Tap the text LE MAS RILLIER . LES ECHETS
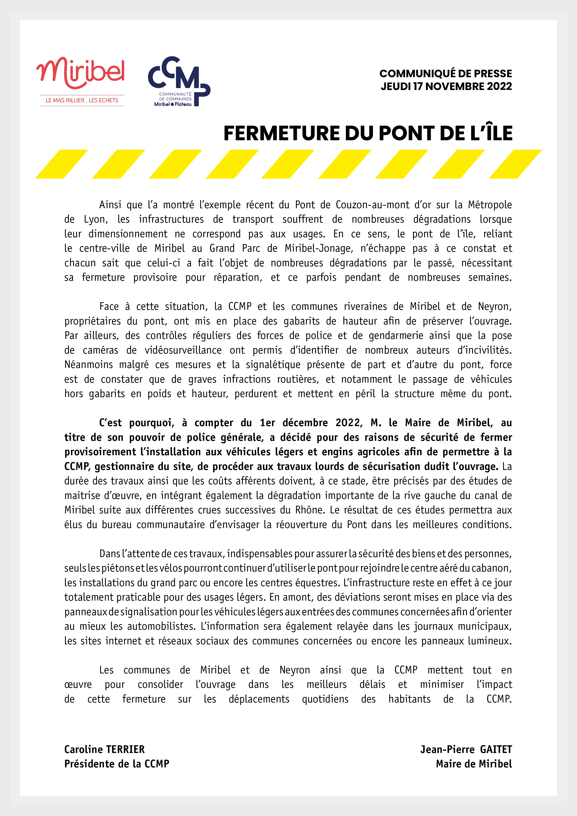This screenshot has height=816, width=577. pyautogui.click(x=82, y=100)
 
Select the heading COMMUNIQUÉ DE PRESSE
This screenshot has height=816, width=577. pyautogui.click(x=446, y=74)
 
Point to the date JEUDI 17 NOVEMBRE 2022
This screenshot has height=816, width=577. pyautogui.click(x=446, y=86)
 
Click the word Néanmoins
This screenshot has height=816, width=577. pyautogui.click(x=88, y=365)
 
